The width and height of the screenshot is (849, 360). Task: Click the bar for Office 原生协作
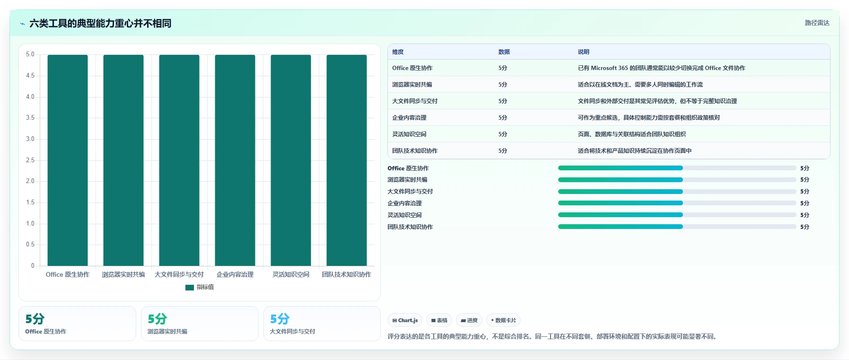68,160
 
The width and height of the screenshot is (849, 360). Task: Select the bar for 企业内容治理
235,160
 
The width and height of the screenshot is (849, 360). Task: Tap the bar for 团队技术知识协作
347,160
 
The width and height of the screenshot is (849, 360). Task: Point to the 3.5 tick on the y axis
30,118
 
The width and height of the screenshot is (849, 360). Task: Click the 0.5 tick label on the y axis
30,245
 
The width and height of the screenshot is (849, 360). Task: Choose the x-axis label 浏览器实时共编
123,274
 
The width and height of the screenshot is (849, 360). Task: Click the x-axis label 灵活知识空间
291,274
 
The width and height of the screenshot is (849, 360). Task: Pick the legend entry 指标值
200,287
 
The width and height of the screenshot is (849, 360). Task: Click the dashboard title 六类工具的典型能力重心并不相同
100,23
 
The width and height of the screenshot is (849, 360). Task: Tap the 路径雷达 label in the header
817,23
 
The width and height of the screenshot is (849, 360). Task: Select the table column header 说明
584,52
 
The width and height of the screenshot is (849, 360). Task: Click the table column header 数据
504,52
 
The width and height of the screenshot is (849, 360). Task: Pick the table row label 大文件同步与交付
415,101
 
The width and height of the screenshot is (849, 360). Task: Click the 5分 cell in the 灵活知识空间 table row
503,134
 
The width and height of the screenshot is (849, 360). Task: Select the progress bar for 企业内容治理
677,203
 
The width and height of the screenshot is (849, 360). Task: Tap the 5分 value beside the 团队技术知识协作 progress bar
805,227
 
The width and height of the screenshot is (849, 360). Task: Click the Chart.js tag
405,320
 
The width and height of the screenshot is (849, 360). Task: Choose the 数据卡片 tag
503,320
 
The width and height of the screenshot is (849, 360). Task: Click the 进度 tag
469,320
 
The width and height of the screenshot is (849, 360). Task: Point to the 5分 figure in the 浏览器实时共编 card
157,319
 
